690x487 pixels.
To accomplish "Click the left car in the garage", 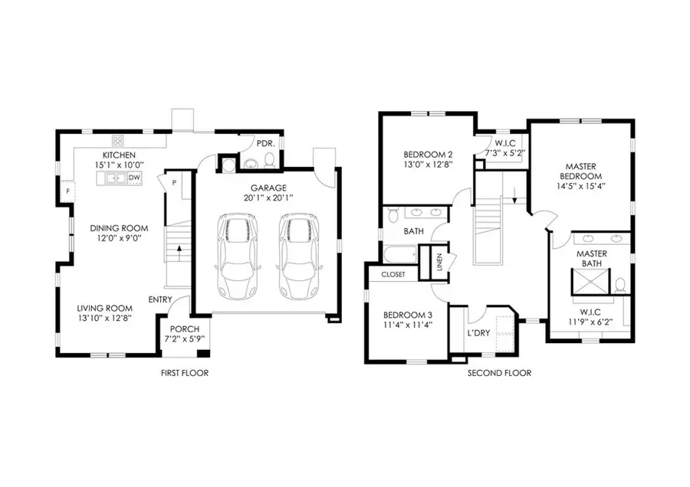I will [237, 257].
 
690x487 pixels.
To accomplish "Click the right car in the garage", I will [297, 257].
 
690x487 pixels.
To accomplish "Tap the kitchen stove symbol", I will [119, 140].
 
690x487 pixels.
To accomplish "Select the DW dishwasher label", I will [133, 178].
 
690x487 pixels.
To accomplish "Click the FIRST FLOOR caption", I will [184, 373].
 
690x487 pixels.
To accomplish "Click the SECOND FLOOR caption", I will [499, 373].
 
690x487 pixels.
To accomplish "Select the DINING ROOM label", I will [119, 228].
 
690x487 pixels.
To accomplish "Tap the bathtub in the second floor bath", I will [398, 253].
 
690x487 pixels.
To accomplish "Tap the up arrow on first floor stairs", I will [178, 249].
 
